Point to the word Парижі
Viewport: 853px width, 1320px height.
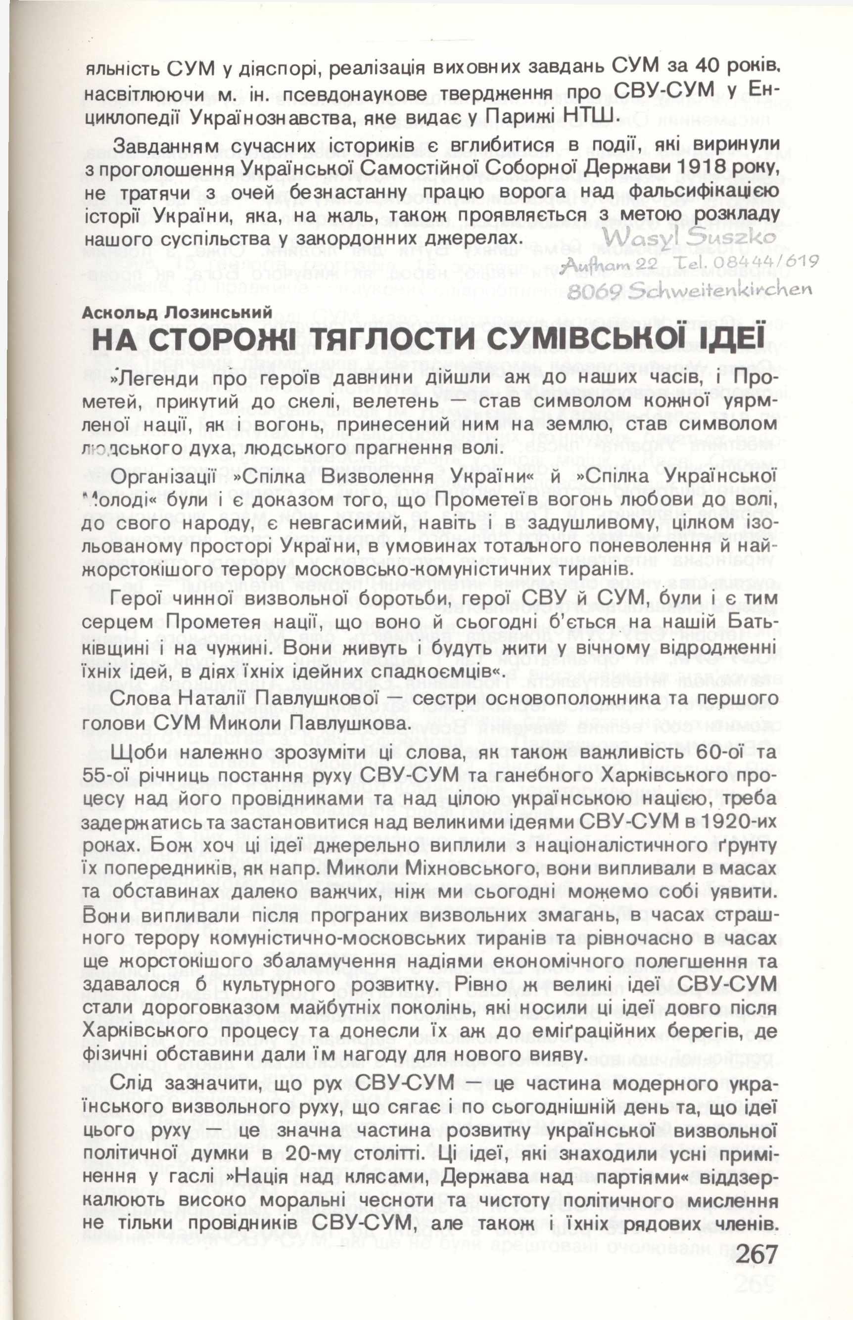click(516, 115)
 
